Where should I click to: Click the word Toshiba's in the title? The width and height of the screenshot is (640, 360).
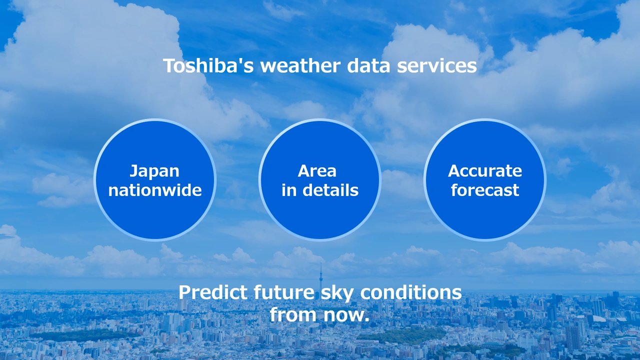[208, 65]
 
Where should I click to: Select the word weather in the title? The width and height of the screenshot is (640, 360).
[300, 65]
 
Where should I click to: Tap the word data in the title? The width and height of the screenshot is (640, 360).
[368, 65]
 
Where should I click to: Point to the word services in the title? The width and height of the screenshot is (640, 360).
[437, 65]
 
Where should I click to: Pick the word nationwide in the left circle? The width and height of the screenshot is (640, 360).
[155, 190]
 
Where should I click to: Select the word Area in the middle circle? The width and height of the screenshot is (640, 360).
[317, 171]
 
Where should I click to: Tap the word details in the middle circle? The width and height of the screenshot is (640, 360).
[330, 190]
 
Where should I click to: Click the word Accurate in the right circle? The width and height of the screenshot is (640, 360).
[485, 171]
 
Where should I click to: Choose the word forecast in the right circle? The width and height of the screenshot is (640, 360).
[485, 190]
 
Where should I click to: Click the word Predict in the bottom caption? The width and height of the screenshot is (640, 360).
[213, 292]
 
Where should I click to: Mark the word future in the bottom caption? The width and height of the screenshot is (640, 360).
[284, 292]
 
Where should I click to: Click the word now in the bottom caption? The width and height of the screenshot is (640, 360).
[343, 315]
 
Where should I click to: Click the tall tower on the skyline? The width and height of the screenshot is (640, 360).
[320, 276]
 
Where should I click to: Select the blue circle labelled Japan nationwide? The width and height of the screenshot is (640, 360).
[155, 180]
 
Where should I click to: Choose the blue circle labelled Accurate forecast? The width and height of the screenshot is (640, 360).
[485, 180]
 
